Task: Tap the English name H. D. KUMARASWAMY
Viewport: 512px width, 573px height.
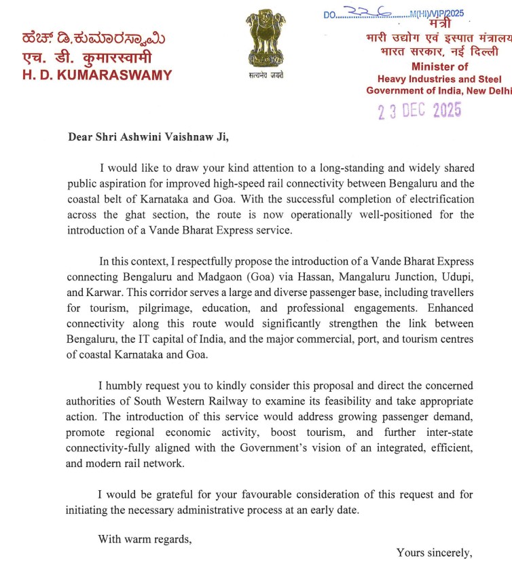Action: click(x=97, y=75)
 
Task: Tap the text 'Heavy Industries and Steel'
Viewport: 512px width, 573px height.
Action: click(x=439, y=79)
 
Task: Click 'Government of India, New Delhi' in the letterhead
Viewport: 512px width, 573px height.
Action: click(x=439, y=90)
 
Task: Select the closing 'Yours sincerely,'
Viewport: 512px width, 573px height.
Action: click(x=434, y=553)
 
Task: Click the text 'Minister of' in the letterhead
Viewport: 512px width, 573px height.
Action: click(x=439, y=67)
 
